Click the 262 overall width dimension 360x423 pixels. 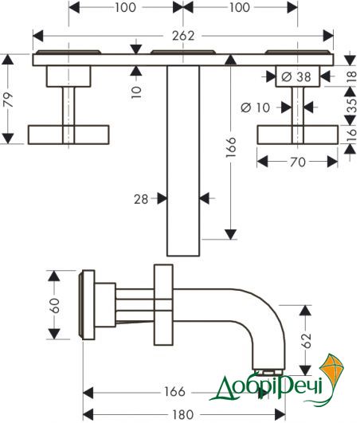[x=183, y=36]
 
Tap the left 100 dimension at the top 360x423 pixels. [x=125, y=7]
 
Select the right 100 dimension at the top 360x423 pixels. [x=240, y=7]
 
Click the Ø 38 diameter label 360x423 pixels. [x=296, y=77]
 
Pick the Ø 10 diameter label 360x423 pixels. [x=255, y=108]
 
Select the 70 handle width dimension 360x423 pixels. [x=298, y=162]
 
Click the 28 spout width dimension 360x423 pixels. [x=141, y=199]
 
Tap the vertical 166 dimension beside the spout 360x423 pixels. [x=231, y=147]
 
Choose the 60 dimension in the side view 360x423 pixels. [x=55, y=305]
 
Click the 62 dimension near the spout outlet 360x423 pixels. [x=307, y=340]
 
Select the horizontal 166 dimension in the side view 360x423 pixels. [x=174, y=391]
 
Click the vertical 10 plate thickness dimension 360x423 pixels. [x=136, y=92]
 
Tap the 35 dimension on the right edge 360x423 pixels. [x=351, y=105]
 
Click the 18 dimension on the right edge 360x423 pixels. [x=351, y=77]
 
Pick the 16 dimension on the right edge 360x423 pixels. [x=351, y=135]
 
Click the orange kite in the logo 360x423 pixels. [x=332, y=373]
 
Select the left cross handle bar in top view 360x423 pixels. [x=68, y=135]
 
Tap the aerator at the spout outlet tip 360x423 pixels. [x=268, y=372]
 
